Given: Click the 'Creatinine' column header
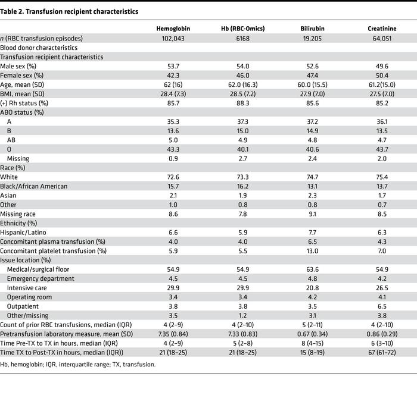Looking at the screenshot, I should (x=382, y=29).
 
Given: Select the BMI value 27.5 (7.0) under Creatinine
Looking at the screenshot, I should (x=382, y=94).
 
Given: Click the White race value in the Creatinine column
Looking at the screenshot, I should (x=382, y=177).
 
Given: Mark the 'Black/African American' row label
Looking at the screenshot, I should (x=34, y=187).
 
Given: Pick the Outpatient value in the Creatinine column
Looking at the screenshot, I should (x=382, y=306).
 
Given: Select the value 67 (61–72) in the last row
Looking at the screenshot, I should (x=382, y=353).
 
